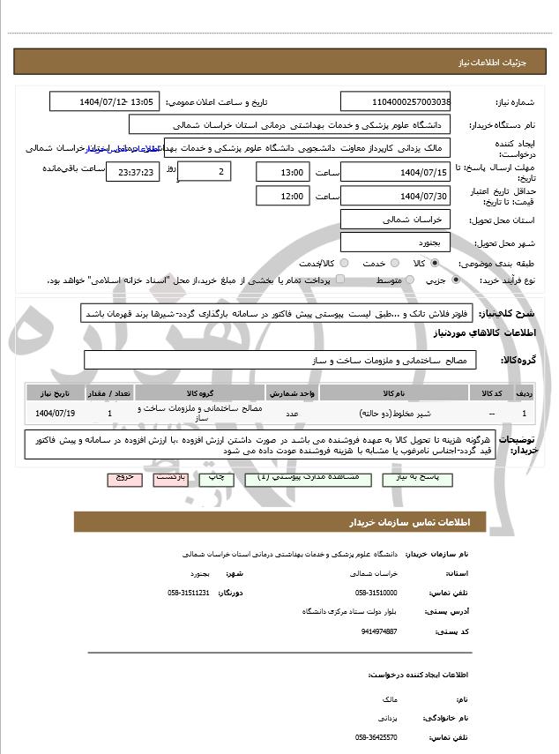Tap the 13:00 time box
pos(282,171)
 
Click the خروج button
pos(123,476)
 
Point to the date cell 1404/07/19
pos(56,412)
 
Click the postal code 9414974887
pos(378,631)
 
